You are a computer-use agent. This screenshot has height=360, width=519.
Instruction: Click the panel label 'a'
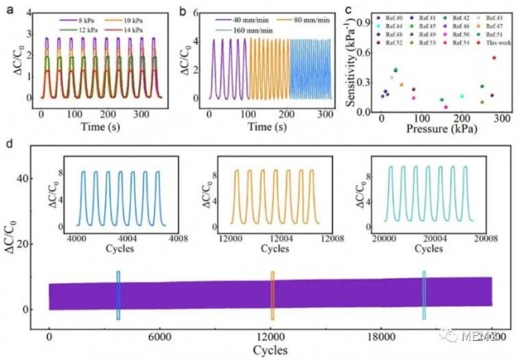click(8, 11)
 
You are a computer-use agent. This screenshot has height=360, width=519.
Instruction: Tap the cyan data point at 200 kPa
click(462, 96)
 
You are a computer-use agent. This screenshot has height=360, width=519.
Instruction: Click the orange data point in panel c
click(402, 84)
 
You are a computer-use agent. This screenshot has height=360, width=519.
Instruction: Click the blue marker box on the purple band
click(117, 295)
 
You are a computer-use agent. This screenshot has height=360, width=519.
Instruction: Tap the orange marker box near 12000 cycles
click(271, 295)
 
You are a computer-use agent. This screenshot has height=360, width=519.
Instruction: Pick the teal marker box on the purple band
click(424, 295)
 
